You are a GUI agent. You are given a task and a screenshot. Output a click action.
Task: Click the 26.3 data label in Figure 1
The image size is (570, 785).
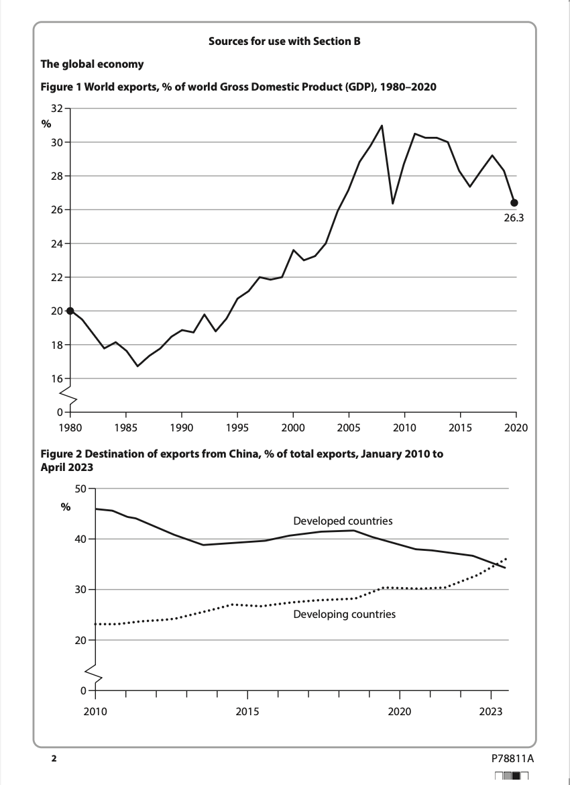[x=513, y=218]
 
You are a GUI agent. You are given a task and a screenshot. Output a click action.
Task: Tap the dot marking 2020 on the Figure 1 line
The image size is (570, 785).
[x=514, y=203]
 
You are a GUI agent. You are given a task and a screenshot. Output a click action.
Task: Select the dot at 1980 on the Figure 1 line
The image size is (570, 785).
[x=70, y=311]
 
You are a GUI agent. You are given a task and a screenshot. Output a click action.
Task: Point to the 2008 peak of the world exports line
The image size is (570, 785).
[x=382, y=125]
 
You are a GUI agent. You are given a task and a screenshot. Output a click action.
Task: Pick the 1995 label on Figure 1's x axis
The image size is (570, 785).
[x=237, y=427]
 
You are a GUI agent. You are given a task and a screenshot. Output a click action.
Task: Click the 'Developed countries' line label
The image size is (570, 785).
[x=343, y=521]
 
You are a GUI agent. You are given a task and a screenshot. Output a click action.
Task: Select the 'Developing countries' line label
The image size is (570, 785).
[x=344, y=614]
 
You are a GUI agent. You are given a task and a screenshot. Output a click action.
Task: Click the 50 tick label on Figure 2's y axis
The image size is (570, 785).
[x=80, y=488]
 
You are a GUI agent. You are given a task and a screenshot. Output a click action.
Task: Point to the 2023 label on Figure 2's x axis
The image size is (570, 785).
[x=492, y=711]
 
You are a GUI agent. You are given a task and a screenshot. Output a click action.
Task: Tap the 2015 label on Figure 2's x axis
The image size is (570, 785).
[x=247, y=711]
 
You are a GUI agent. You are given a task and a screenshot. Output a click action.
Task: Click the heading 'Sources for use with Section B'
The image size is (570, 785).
[x=284, y=42]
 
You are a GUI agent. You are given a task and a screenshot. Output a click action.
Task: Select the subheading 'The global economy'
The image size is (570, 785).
[x=92, y=64]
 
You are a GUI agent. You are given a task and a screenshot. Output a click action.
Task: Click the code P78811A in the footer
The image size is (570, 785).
[x=512, y=758]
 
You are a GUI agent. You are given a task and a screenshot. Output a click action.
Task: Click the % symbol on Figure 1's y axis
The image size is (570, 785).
[x=46, y=124]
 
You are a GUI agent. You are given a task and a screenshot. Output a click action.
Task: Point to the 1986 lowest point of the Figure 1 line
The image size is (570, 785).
[x=137, y=366]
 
